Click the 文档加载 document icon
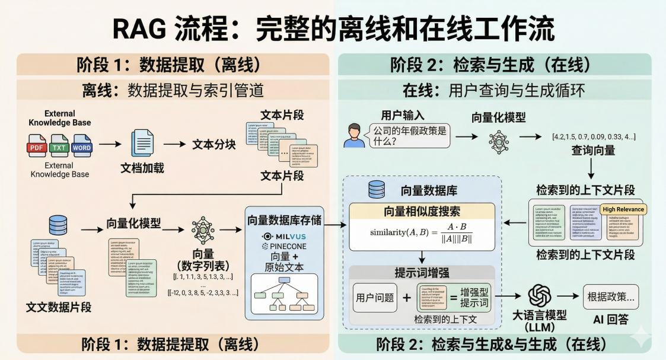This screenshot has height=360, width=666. pyautogui.click(x=142, y=144)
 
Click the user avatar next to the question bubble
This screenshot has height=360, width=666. pyautogui.click(x=354, y=135)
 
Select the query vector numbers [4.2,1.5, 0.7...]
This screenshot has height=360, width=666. pyautogui.click(x=593, y=136)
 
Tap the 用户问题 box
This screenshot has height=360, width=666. pyautogui.click(x=375, y=298)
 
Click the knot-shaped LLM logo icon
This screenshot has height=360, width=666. pyautogui.click(x=540, y=295)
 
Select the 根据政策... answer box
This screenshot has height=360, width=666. pyautogui.click(x=610, y=297)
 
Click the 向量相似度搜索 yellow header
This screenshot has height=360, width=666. pyautogui.click(x=421, y=211)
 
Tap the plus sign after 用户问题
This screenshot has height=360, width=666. pyautogui.click(x=407, y=298)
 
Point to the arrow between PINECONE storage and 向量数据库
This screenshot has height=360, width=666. pyautogui.click(x=334, y=226)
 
